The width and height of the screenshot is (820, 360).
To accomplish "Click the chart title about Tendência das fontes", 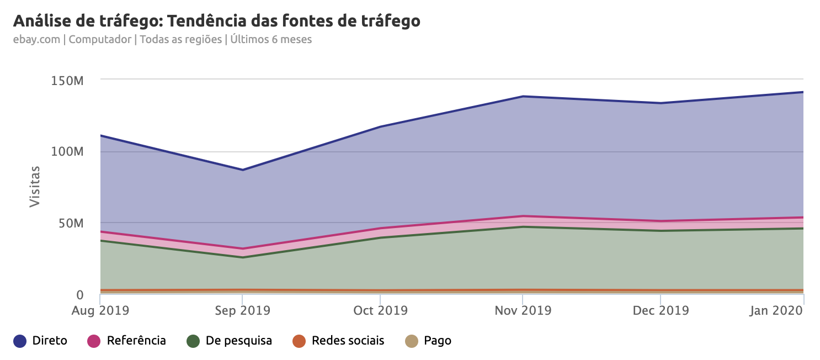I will pyautogui.click(x=216, y=21).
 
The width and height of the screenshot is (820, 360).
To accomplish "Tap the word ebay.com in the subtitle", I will pyautogui.click(x=36, y=40).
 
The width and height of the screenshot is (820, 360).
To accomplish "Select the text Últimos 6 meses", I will pyautogui.click(x=271, y=40).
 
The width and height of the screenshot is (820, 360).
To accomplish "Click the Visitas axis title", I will pyautogui.click(x=35, y=186).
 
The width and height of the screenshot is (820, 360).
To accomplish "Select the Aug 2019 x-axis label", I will pyautogui.click(x=100, y=310).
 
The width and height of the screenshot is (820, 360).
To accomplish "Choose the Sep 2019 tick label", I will pyautogui.click(x=242, y=310).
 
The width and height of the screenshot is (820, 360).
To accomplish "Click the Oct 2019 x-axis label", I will pyautogui.click(x=380, y=310).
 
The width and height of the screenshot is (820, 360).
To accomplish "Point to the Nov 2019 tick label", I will pyautogui.click(x=523, y=310).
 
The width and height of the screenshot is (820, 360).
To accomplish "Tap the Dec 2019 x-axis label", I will pyautogui.click(x=661, y=310).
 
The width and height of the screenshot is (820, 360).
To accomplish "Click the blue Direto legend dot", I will pyautogui.click(x=20, y=341).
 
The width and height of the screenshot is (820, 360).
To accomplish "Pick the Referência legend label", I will pyautogui.click(x=136, y=341).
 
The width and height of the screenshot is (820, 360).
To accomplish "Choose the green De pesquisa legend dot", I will pyautogui.click(x=193, y=341).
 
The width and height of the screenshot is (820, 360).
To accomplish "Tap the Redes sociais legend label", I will pyautogui.click(x=348, y=341).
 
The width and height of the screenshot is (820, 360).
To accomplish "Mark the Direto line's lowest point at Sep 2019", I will pyautogui.click(x=242, y=170).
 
